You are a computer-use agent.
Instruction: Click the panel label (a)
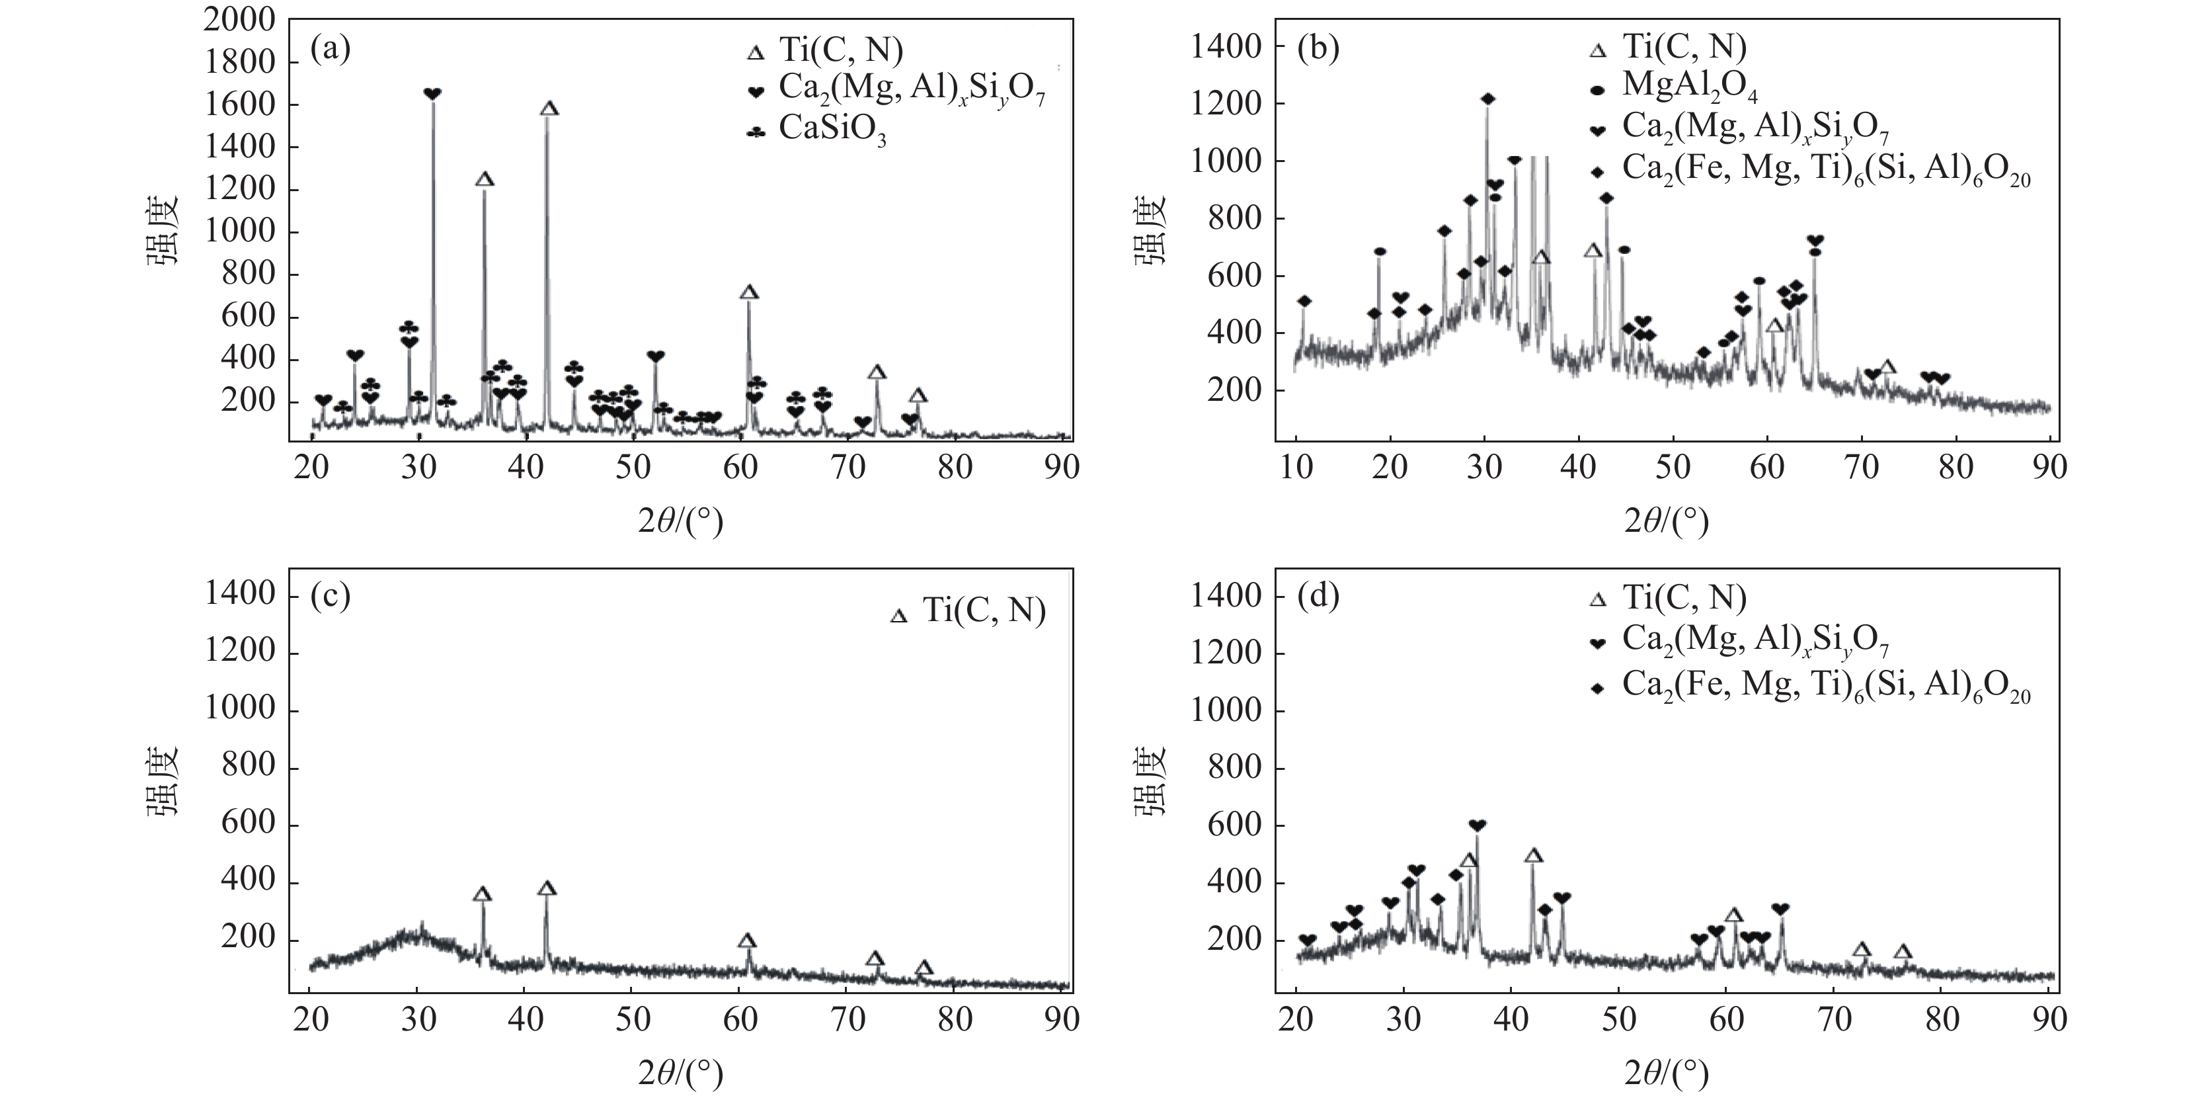click(x=331, y=49)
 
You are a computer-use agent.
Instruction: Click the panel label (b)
click(x=1318, y=49)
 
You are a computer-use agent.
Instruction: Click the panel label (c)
click(x=331, y=596)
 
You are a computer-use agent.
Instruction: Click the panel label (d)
click(x=1318, y=596)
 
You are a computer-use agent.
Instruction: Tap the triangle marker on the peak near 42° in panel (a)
click(x=549, y=109)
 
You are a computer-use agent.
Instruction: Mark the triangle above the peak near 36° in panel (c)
click(x=483, y=894)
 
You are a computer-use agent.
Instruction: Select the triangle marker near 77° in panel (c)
click(x=924, y=968)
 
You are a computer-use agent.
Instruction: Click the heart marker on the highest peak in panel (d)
click(x=1477, y=825)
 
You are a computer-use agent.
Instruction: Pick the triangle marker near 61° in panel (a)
click(x=749, y=293)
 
